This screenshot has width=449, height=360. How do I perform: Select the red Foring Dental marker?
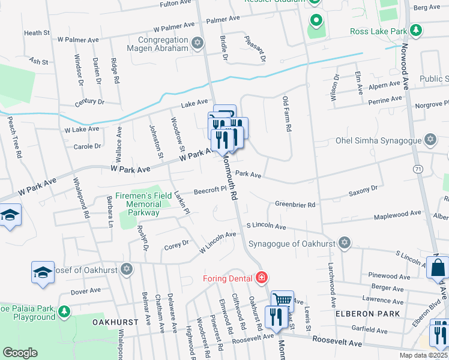[x=261, y=277]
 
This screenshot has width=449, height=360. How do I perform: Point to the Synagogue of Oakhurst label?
[x=291, y=243]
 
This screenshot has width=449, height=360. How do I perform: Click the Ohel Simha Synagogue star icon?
[x=429, y=140]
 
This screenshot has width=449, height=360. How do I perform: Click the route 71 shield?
[x=417, y=170]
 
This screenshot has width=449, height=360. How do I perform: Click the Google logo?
[x=20, y=352]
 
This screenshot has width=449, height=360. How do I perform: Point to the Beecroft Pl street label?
[x=209, y=190]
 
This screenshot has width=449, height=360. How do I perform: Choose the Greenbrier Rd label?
[x=295, y=205]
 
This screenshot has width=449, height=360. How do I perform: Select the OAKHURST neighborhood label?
[x=115, y=322]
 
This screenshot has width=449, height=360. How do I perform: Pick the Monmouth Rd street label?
[x=231, y=180]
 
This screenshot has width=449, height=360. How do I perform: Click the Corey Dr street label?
[x=176, y=244]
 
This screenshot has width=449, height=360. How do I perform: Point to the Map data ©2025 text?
[x=424, y=355]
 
